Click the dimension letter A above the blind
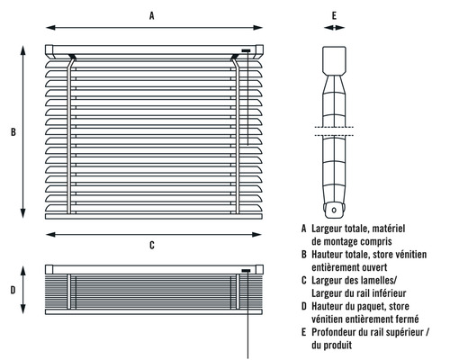tap(152, 15)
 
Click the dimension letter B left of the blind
tap(13, 132)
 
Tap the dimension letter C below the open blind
tap(152, 245)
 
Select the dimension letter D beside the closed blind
tap(13, 290)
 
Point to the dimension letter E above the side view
tap(334, 15)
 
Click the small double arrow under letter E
tap(334, 28)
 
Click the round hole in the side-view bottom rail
tap(334, 211)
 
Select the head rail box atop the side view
tap(334, 60)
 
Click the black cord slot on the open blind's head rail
tap(246, 50)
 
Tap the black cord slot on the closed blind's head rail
tap(246, 271)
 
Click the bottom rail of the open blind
tap(154, 216)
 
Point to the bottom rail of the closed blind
tap(154, 312)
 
